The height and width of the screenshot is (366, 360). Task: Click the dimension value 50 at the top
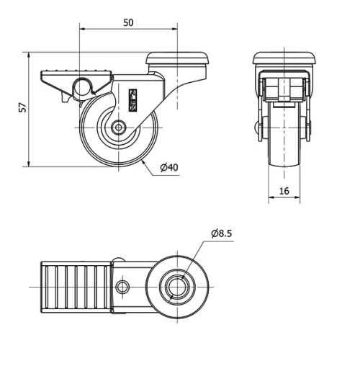click(128, 22)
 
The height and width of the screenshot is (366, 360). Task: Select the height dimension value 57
click(22, 107)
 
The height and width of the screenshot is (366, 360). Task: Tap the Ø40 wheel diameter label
click(168, 167)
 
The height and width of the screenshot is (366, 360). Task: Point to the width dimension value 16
click(284, 190)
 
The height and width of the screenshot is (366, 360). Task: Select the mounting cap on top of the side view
click(177, 58)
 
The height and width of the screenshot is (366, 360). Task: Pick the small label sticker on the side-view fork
click(132, 99)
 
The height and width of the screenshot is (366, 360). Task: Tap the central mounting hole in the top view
click(175, 287)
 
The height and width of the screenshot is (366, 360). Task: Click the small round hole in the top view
click(123, 287)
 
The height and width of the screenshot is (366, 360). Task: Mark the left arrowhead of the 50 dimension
click(81, 30)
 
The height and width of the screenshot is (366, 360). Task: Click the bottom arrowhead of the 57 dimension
click(30, 164)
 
